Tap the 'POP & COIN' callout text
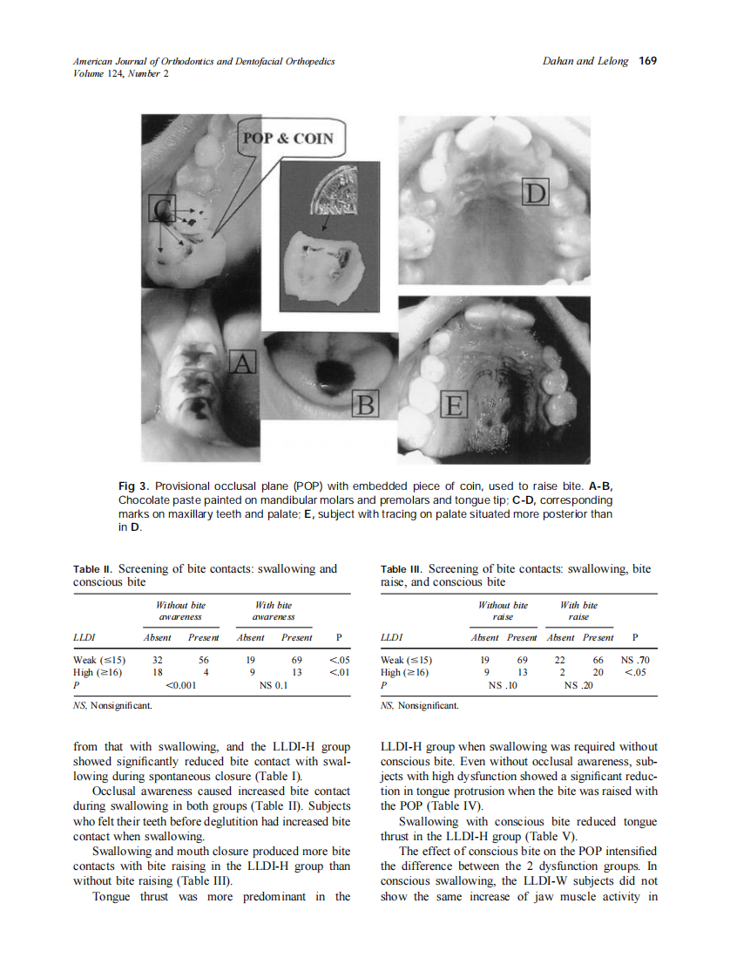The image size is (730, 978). coord(287,139)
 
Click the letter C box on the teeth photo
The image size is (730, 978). coord(162,208)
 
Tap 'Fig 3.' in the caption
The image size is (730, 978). coord(135,485)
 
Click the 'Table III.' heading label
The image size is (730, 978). coord(403,569)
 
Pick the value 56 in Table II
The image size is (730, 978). coord(203,660)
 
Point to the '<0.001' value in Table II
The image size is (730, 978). coord(182,685)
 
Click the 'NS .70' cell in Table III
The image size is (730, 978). coord(635,660)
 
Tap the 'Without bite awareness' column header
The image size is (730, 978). coord(180,610)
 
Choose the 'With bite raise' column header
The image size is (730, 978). coord(579,610)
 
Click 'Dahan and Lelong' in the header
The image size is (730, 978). coord(585,61)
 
